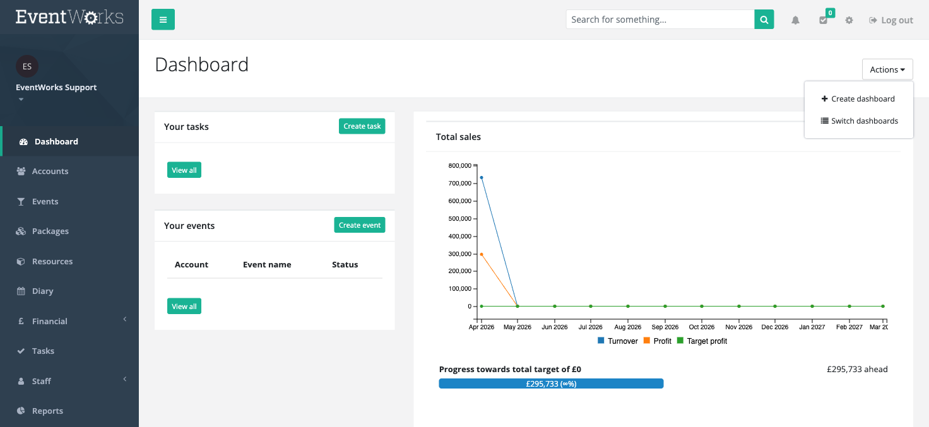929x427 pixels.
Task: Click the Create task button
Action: click(362, 126)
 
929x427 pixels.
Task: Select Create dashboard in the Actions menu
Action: click(858, 98)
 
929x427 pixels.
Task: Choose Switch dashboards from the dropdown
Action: click(859, 120)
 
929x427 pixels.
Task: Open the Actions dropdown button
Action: click(887, 69)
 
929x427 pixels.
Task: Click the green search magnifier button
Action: click(764, 20)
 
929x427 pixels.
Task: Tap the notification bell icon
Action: click(795, 20)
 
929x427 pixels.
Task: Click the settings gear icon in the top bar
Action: click(849, 20)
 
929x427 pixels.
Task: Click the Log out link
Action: click(891, 20)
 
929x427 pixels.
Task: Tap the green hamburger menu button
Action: click(163, 20)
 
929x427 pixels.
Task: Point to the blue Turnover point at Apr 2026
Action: click(482, 177)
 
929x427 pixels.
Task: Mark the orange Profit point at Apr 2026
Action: click(482, 254)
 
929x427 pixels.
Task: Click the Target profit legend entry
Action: click(702, 341)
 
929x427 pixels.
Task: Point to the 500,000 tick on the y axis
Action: click(475, 218)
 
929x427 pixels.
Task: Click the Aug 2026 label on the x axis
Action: click(627, 327)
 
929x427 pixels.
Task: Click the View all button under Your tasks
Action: click(184, 170)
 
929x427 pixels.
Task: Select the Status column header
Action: click(345, 264)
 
